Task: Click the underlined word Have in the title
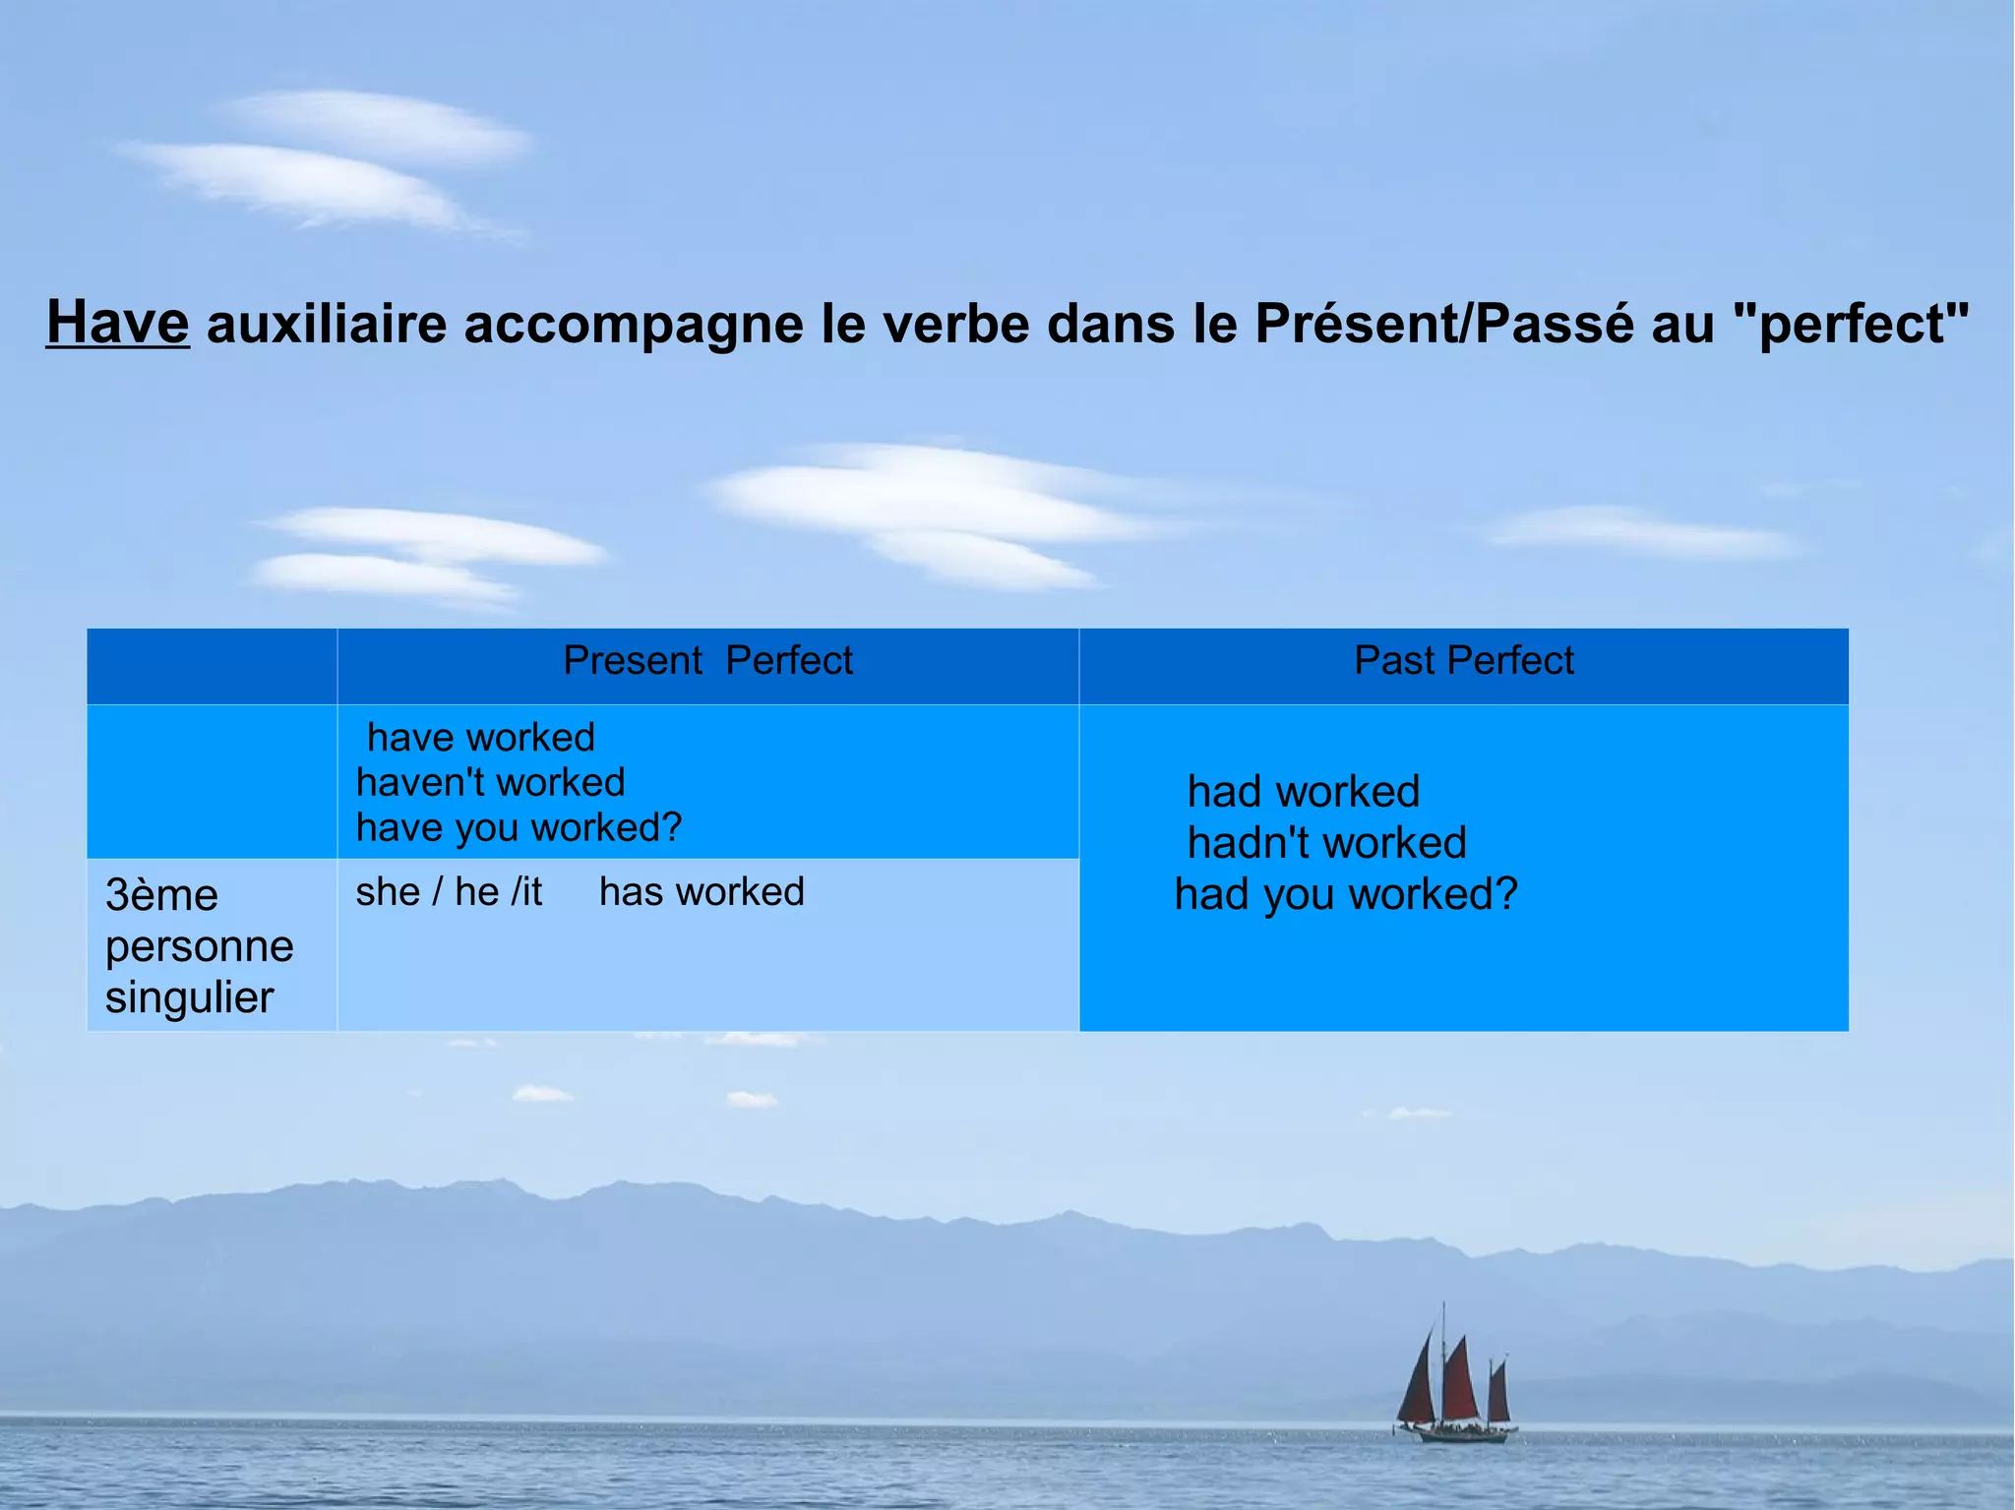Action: (x=117, y=323)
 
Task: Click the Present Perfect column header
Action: (x=707, y=660)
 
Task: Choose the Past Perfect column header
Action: (x=1463, y=660)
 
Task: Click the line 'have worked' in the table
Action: (x=480, y=738)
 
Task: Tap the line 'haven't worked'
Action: (x=490, y=783)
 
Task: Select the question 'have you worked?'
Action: (x=519, y=828)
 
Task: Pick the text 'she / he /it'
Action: (x=449, y=892)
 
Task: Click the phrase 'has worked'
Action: (x=702, y=892)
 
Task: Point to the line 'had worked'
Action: (x=1304, y=792)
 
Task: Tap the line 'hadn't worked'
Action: (x=1326, y=843)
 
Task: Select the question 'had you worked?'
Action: (x=1346, y=895)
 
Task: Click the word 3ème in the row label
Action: (x=161, y=895)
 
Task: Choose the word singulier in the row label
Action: (x=189, y=997)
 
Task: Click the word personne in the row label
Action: (x=199, y=946)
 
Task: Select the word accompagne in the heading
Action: (x=633, y=325)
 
